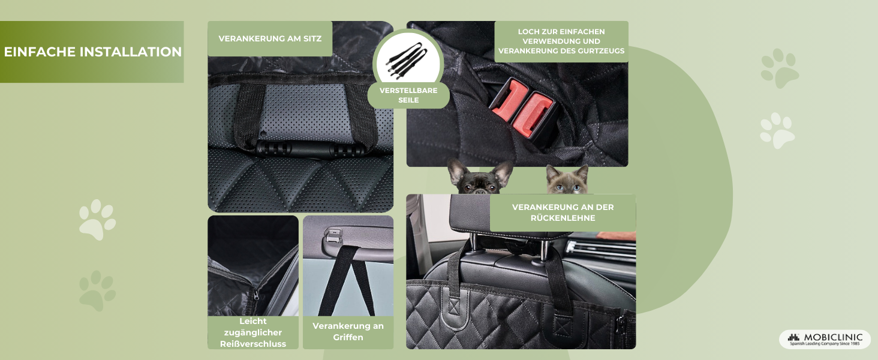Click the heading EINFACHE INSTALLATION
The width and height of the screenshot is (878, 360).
click(92, 52)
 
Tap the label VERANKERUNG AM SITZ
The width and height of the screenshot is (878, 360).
click(270, 38)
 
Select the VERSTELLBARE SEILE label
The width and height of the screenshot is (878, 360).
click(408, 95)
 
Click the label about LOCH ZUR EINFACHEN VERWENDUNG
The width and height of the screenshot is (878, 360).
click(561, 41)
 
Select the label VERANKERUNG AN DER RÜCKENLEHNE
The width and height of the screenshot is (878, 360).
click(563, 212)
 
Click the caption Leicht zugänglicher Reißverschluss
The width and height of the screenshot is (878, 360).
click(252, 332)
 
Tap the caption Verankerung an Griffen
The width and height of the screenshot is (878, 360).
click(348, 332)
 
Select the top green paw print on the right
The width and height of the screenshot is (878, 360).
click(779, 68)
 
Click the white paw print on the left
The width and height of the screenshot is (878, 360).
click(97, 220)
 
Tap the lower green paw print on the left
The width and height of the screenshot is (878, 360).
click(97, 290)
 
